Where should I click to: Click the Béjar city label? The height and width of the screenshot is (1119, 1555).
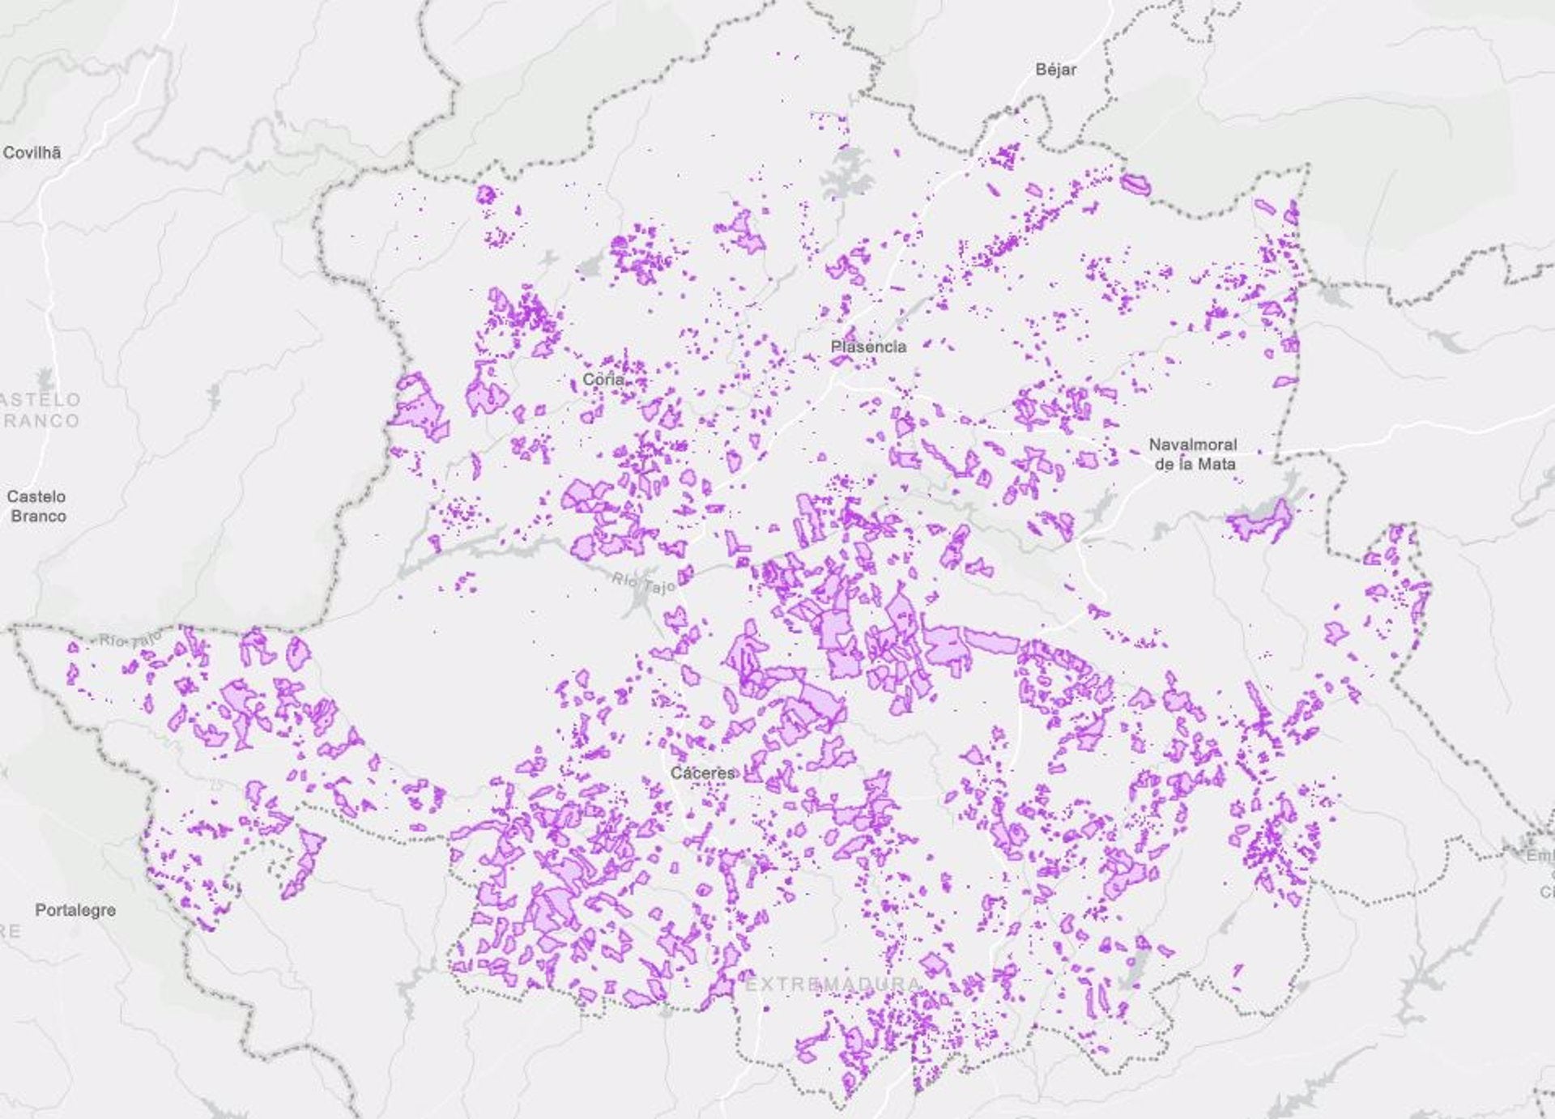(1055, 70)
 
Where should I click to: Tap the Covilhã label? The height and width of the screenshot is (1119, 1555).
(32, 152)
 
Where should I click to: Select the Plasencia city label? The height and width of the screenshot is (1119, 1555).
(868, 347)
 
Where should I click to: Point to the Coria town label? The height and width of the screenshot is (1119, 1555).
(603, 379)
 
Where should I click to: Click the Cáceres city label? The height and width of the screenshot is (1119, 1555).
(702, 773)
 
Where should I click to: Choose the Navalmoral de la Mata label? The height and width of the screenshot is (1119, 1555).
(1193, 454)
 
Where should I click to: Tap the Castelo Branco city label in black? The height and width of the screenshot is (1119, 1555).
(36, 506)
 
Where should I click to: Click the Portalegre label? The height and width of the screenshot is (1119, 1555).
(75, 910)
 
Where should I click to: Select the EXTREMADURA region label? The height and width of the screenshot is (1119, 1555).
(833, 985)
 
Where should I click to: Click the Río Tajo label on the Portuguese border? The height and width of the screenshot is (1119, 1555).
(130, 640)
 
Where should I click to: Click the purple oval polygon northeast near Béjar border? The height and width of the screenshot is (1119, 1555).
(1135, 185)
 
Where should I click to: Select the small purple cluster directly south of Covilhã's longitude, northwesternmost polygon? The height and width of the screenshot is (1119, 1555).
(485, 194)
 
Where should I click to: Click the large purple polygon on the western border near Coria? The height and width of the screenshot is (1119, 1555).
(420, 409)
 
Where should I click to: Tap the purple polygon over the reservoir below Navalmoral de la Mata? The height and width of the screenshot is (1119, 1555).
(1260, 522)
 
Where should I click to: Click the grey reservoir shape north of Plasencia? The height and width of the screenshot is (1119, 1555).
(846, 180)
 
